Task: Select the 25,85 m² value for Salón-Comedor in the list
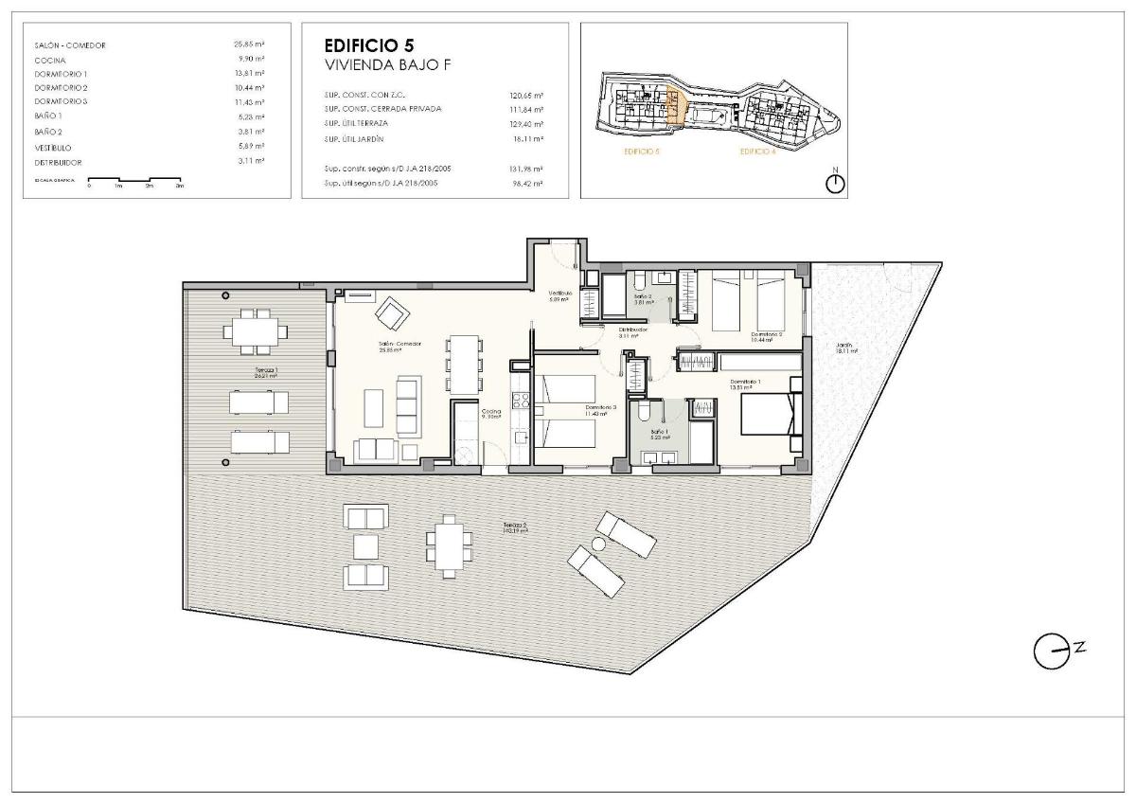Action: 249,45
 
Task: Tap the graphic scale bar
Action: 134,180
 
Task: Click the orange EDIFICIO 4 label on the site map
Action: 757,152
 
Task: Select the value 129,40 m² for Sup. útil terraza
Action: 526,124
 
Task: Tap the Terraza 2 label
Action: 516,528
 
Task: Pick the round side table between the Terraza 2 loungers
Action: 597,544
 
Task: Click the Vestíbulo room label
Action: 561,295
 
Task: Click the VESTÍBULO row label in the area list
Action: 53,148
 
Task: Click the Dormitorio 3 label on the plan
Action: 601,409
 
